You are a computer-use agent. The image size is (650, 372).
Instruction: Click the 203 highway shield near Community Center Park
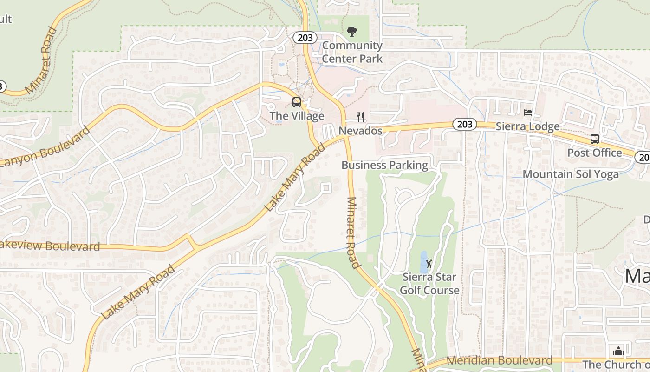(305, 38)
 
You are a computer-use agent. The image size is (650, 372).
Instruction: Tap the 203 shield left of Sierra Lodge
(464, 124)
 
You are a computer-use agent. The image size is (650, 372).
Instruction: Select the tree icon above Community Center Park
(352, 32)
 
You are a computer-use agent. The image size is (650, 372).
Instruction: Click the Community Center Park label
(352, 52)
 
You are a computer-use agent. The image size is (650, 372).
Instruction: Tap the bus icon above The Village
(296, 102)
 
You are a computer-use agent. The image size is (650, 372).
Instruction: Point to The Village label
(297, 116)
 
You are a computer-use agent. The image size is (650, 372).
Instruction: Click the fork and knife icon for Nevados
(360, 117)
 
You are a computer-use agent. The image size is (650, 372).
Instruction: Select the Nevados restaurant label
(360, 131)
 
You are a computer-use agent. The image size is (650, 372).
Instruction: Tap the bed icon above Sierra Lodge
(528, 113)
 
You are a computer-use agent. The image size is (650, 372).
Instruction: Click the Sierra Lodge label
(528, 126)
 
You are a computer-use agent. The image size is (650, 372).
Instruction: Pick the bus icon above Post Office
(594, 139)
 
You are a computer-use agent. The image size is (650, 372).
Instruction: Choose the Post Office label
(594, 153)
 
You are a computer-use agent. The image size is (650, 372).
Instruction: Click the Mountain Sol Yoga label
(571, 174)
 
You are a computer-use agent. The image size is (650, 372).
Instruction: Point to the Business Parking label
(384, 165)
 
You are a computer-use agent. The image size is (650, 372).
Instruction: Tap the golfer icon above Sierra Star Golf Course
(429, 264)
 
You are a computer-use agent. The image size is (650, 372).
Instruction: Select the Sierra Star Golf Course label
(429, 284)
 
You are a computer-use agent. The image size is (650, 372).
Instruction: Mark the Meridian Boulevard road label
(500, 360)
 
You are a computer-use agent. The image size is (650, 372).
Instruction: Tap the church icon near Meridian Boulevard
(618, 351)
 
